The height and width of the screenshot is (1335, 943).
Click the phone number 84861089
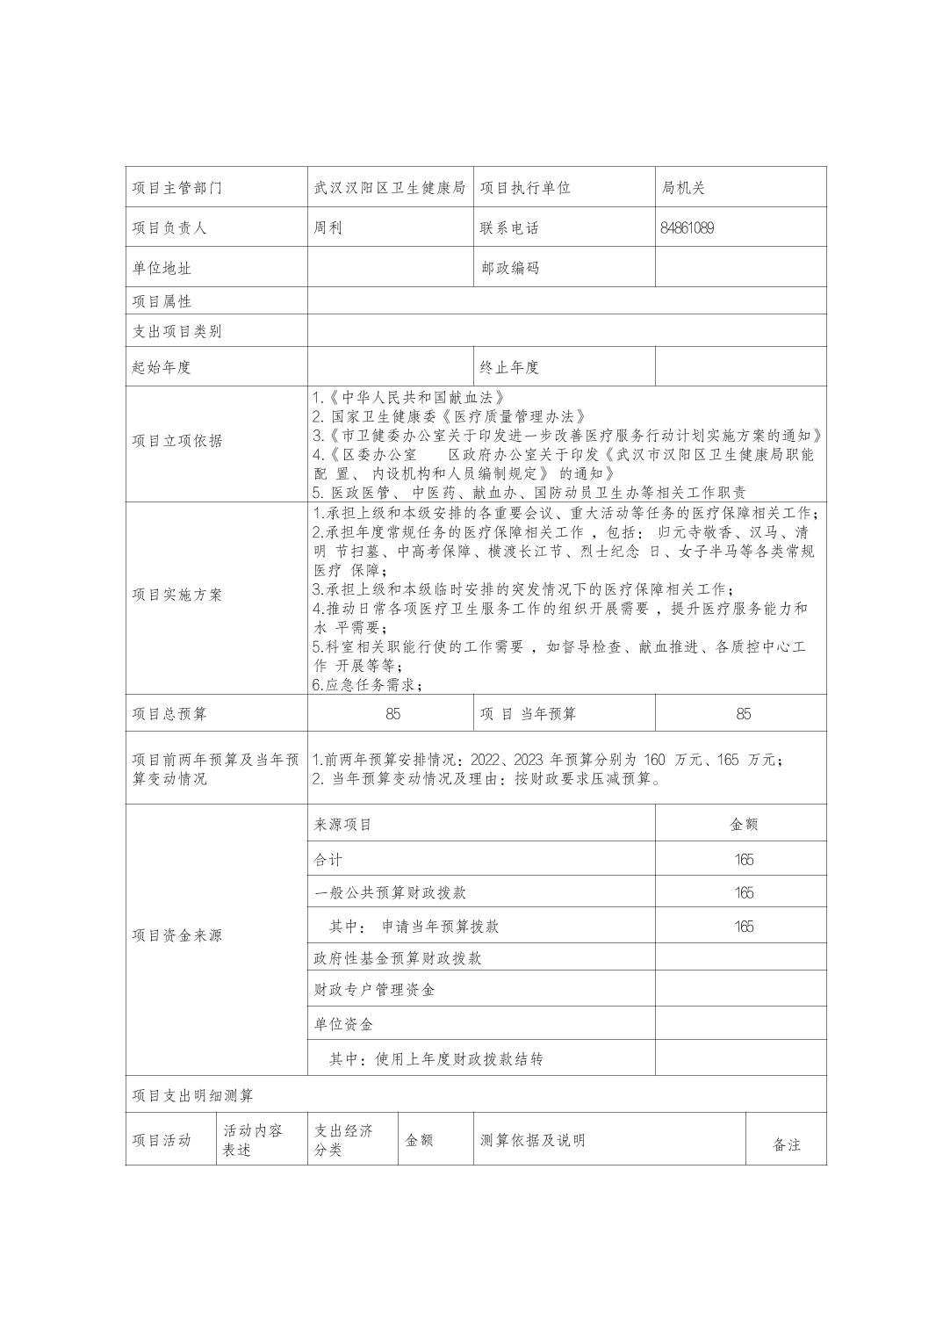pyautogui.click(x=687, y=228)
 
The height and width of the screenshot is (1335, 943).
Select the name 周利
pyautogui.click(x=328, y=228)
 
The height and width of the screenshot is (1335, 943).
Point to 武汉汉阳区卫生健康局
pyautogui.click(x=389, y=188)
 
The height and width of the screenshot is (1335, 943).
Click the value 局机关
pyautogui.click(x=683, y=188)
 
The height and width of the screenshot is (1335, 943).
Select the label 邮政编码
pyautogui.click(x=509, y=268)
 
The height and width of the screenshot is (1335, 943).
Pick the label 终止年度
pyautogui.click(x=509, y=367)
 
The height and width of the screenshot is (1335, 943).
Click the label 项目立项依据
pyautogui.click(x=177, y=441)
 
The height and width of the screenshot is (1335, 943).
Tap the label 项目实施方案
pyautogui.click(x=177, y=595)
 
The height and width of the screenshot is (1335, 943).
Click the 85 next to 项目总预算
pyautogui.click(x=392, y=714)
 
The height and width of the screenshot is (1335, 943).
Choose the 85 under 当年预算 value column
pyautogui.click(x=743, y=714)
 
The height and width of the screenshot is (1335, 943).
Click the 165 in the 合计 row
pyautogui.click(x=744, y=860)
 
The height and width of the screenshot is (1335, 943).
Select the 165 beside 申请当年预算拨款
pyautogui.click(x=744, y=927)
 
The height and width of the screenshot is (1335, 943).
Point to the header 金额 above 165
pyautogui.click(x=744, y=825)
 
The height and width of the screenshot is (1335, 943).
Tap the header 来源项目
pyautogui.click(x=343, y=825)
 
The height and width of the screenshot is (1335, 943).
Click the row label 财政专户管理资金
pyautogui.click(x=375, y=990)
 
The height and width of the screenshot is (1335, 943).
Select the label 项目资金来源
pyautogui.click(x=177, y=935)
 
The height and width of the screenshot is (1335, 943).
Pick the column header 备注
pyautogui.click(x=787, y=1145)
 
